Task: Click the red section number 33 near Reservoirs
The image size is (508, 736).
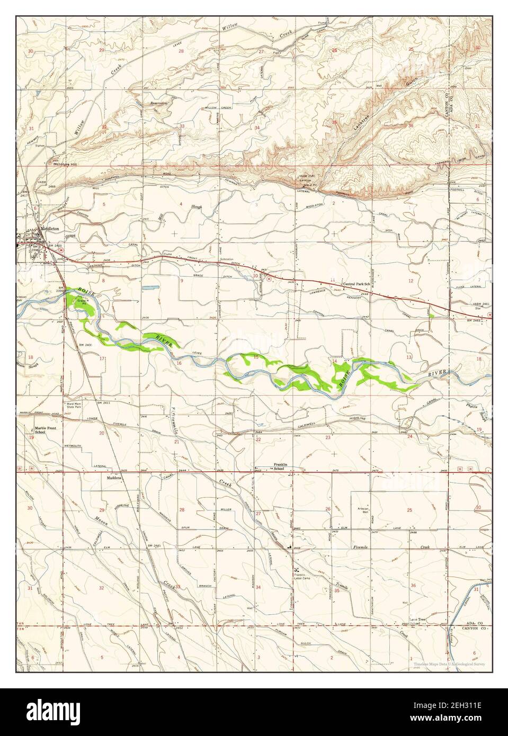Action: pyautogui.click(x=182, y=126)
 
